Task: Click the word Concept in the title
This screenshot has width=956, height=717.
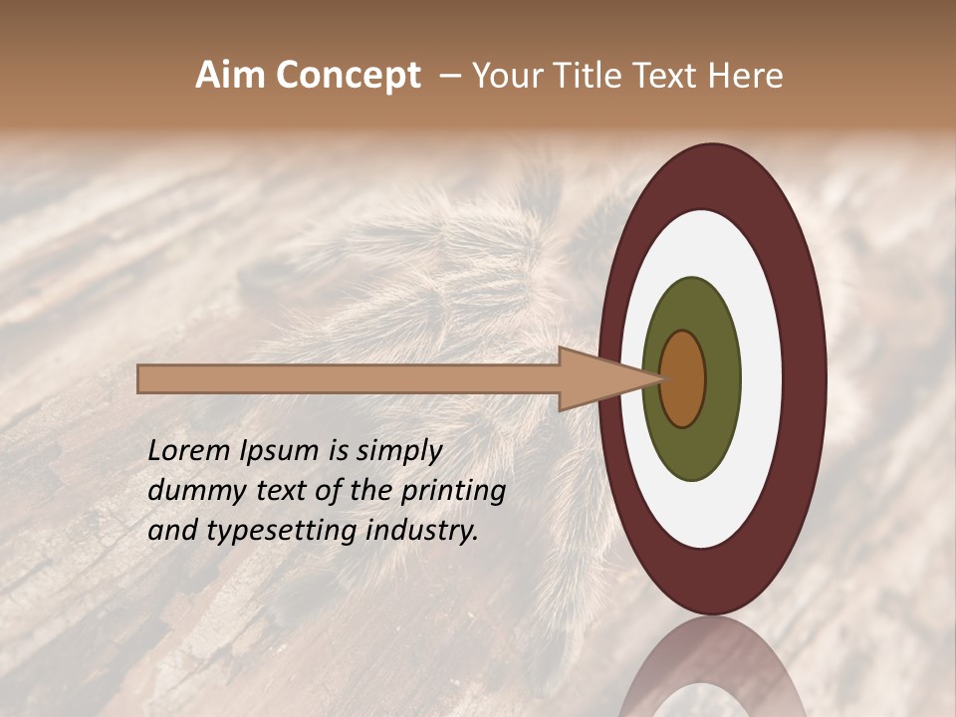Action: [347, 76]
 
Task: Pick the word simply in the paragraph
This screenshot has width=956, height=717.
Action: [399, 452]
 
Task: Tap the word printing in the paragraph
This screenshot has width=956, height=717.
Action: [452, 492]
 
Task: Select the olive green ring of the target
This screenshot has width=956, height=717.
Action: [692, 448]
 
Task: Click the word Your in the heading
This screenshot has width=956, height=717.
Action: [507, 76]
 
